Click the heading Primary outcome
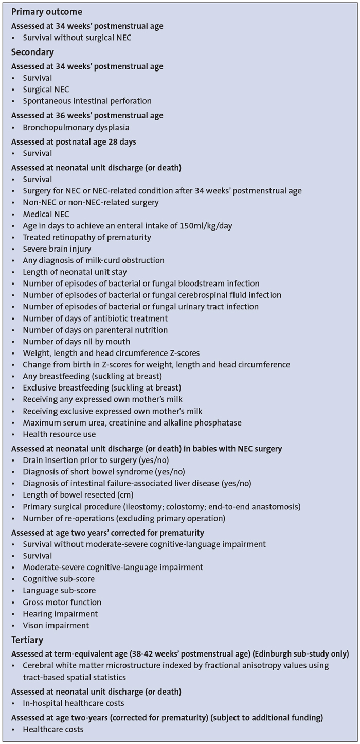(46, 11)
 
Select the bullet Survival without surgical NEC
(77, 38)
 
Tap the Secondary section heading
(32, 52)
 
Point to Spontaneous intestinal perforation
(87, 101)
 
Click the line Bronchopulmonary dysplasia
(76, 127)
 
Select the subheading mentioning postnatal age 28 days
(74, 141)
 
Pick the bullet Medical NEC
(46, 214)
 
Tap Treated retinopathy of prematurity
(87, 237)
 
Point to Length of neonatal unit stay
(75, 272)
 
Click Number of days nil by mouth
(76, 341)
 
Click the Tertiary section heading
(28, 640)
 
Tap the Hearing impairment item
(60, 614)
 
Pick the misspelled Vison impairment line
(56, 626)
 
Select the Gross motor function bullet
(62, 602)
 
